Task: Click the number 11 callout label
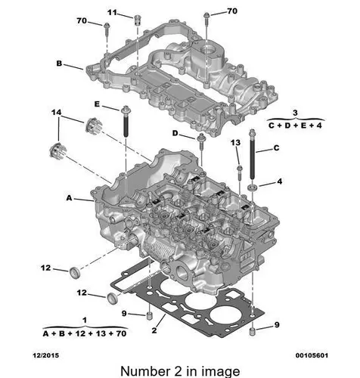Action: tap(112, 12)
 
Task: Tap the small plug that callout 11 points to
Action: tap(137, 20)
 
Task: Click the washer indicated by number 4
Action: tap(253, 187)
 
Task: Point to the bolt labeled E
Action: tap(126, 122)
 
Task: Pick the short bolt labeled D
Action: tap(201, 141)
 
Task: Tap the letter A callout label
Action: tap(69, 198)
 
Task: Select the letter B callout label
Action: tap(59, 64)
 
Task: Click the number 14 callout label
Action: tap(56, 113)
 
